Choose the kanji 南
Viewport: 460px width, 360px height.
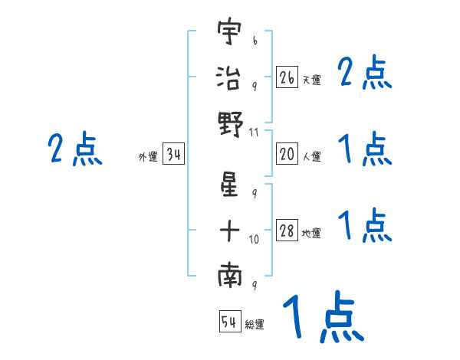click(x=230, y=278)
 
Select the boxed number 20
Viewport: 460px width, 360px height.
click(x=287, y=155)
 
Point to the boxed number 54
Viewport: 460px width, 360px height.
click(x=229, y=322)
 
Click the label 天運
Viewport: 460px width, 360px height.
click(x=310, y=80)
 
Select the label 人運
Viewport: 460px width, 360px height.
click(x=310, y=157)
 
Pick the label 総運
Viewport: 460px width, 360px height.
click(x=255, y=324)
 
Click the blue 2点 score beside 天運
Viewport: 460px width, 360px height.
click(x=364, y=74)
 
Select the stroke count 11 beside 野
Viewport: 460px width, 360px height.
click(x=255, y=133)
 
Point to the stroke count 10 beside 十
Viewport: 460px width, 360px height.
click(x=255, y=240)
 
